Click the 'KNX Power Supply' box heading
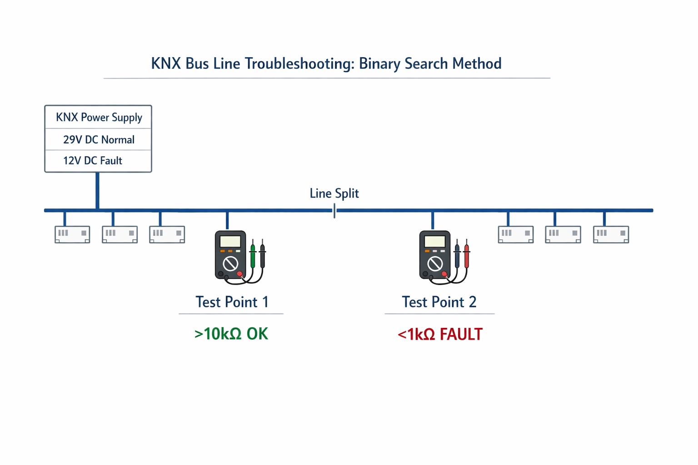[x=99, y=118]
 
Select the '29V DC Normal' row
[x=99, y=140]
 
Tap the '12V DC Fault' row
[x=93, y=161]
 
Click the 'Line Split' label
[x=334, y=193]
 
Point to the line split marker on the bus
[x=334, y=211]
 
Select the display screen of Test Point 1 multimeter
[x=230, y=241]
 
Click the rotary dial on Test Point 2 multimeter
[x=435, y=263]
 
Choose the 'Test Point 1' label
[x=232, y=302]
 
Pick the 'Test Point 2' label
[x=439, y=302]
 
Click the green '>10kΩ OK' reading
[x=231, y=334]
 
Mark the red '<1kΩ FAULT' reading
[x=440, y=335]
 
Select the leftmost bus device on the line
[x=72, y=234]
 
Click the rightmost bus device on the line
[x=611, y=234]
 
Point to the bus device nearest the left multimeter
[x=167, y=234]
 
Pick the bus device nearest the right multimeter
[x=515, y=234]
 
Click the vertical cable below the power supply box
[x=98, y=191]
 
